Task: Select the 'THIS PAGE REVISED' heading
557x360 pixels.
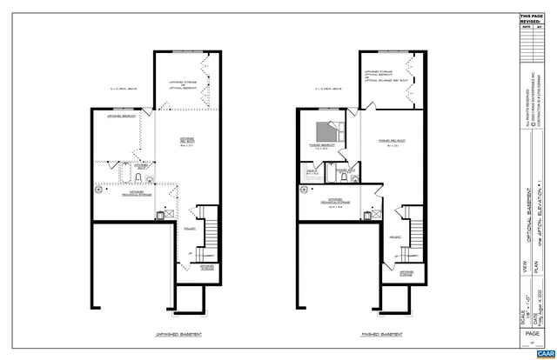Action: click(x=530, y=19)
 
